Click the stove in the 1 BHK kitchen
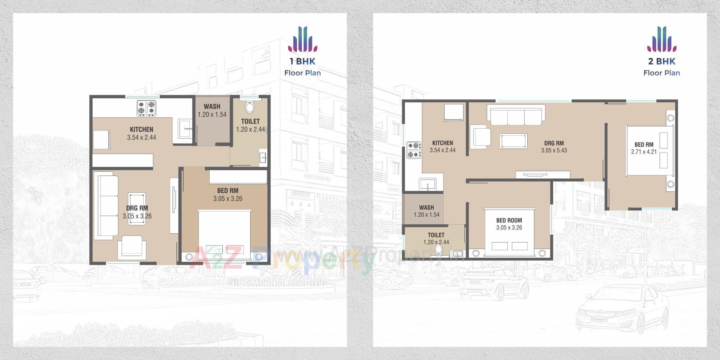pos(146,107)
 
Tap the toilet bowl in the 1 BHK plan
pos(249,107)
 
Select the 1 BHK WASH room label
pos(212,106)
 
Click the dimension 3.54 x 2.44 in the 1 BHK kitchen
pos(141,138)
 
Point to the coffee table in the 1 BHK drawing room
pos(137,208)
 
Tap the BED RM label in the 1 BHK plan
pos(228,191)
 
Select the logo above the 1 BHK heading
pos(303,39)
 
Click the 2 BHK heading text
pos(661,61)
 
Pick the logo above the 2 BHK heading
pos(661,39)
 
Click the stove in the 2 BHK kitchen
pos(414,150)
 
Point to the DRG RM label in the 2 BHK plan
pos(554,143)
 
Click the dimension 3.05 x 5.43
pos(554,150)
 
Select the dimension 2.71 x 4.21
pos(644,152)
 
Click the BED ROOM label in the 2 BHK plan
pos(509,220)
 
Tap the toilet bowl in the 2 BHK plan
pos(438,250)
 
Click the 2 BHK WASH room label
pos(426,207)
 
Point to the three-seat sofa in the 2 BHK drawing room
pos(516,115)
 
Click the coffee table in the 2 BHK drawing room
pos(513,141)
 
